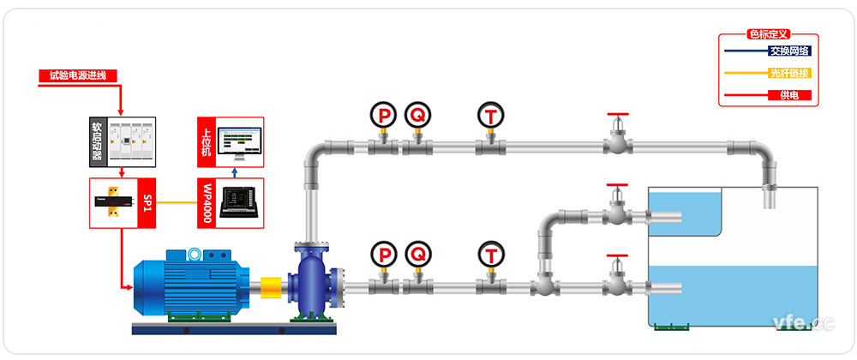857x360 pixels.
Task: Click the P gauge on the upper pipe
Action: [383, 114]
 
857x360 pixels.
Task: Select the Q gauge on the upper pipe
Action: [417, 114]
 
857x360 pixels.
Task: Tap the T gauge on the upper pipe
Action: [489, 114]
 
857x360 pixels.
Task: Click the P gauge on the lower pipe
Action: [383, 254]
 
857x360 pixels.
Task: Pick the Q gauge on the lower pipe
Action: [417, 254]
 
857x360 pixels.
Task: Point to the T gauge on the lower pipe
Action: [489, 254]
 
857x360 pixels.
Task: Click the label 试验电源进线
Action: [77, 75]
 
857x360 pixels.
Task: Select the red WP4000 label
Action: [207, 203]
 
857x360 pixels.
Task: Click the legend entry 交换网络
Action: [789, 50]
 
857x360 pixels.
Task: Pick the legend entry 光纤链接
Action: [789, 73]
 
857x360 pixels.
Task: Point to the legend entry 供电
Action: [789, 95]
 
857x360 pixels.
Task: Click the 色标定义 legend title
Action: [768, 34]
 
